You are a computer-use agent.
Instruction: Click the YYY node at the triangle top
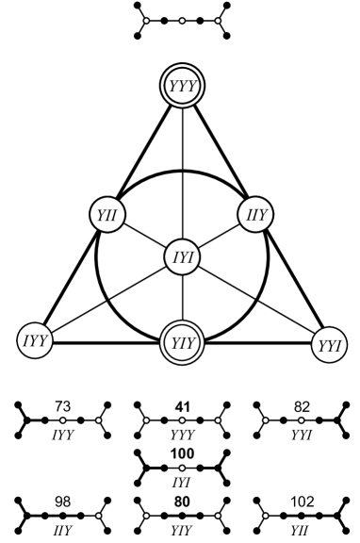[x=180, y=88]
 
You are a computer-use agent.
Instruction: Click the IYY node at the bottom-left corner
[x=34, y=338]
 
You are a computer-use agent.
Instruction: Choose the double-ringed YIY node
[x=180, y=340]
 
